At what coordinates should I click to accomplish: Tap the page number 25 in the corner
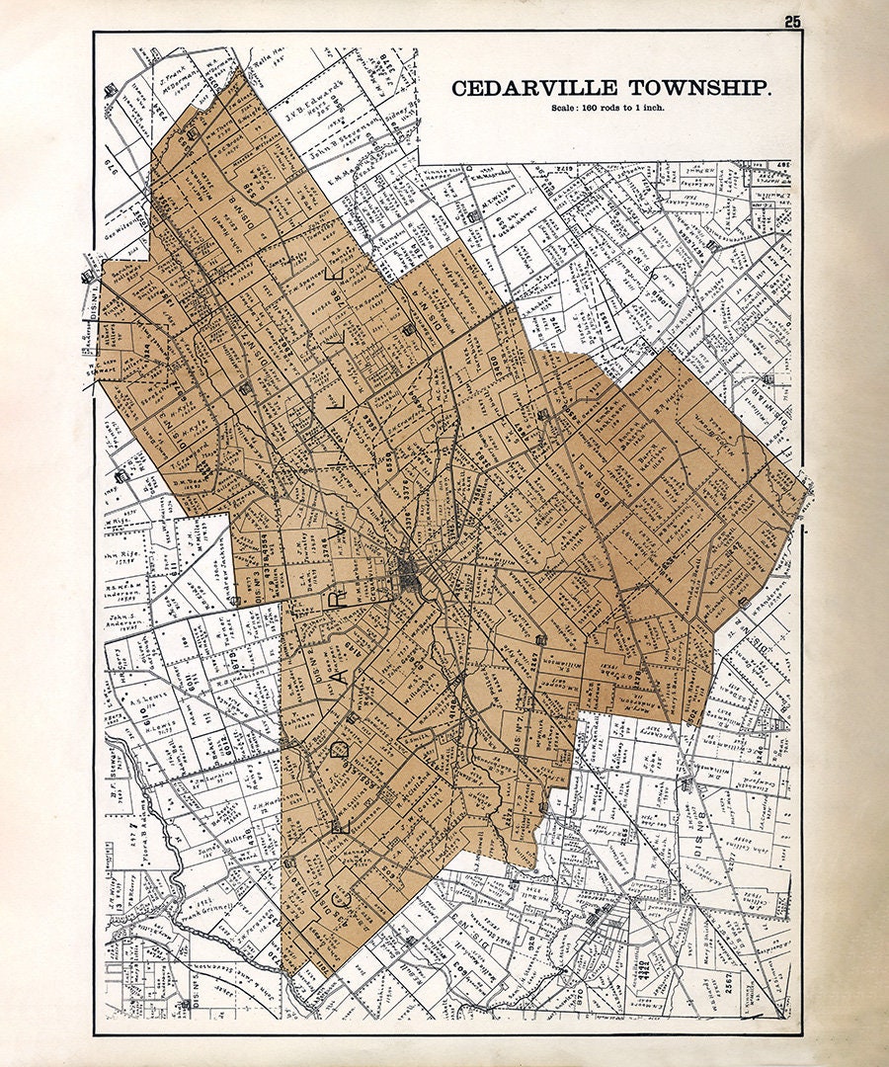pos(793,22)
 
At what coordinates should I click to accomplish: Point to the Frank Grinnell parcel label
pos(210,906)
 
